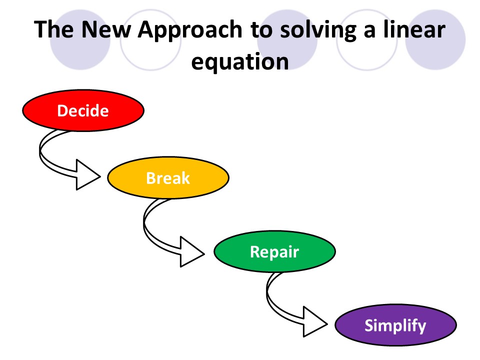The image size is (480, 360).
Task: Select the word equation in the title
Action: point(240,62)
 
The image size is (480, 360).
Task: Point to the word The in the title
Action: point(55,30)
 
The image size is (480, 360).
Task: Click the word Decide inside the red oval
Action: point(83,110)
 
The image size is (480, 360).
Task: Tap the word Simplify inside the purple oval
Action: point(395,325)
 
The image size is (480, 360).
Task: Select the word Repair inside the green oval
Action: point(274,251)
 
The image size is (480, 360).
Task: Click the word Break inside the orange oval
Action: point(168,178)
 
